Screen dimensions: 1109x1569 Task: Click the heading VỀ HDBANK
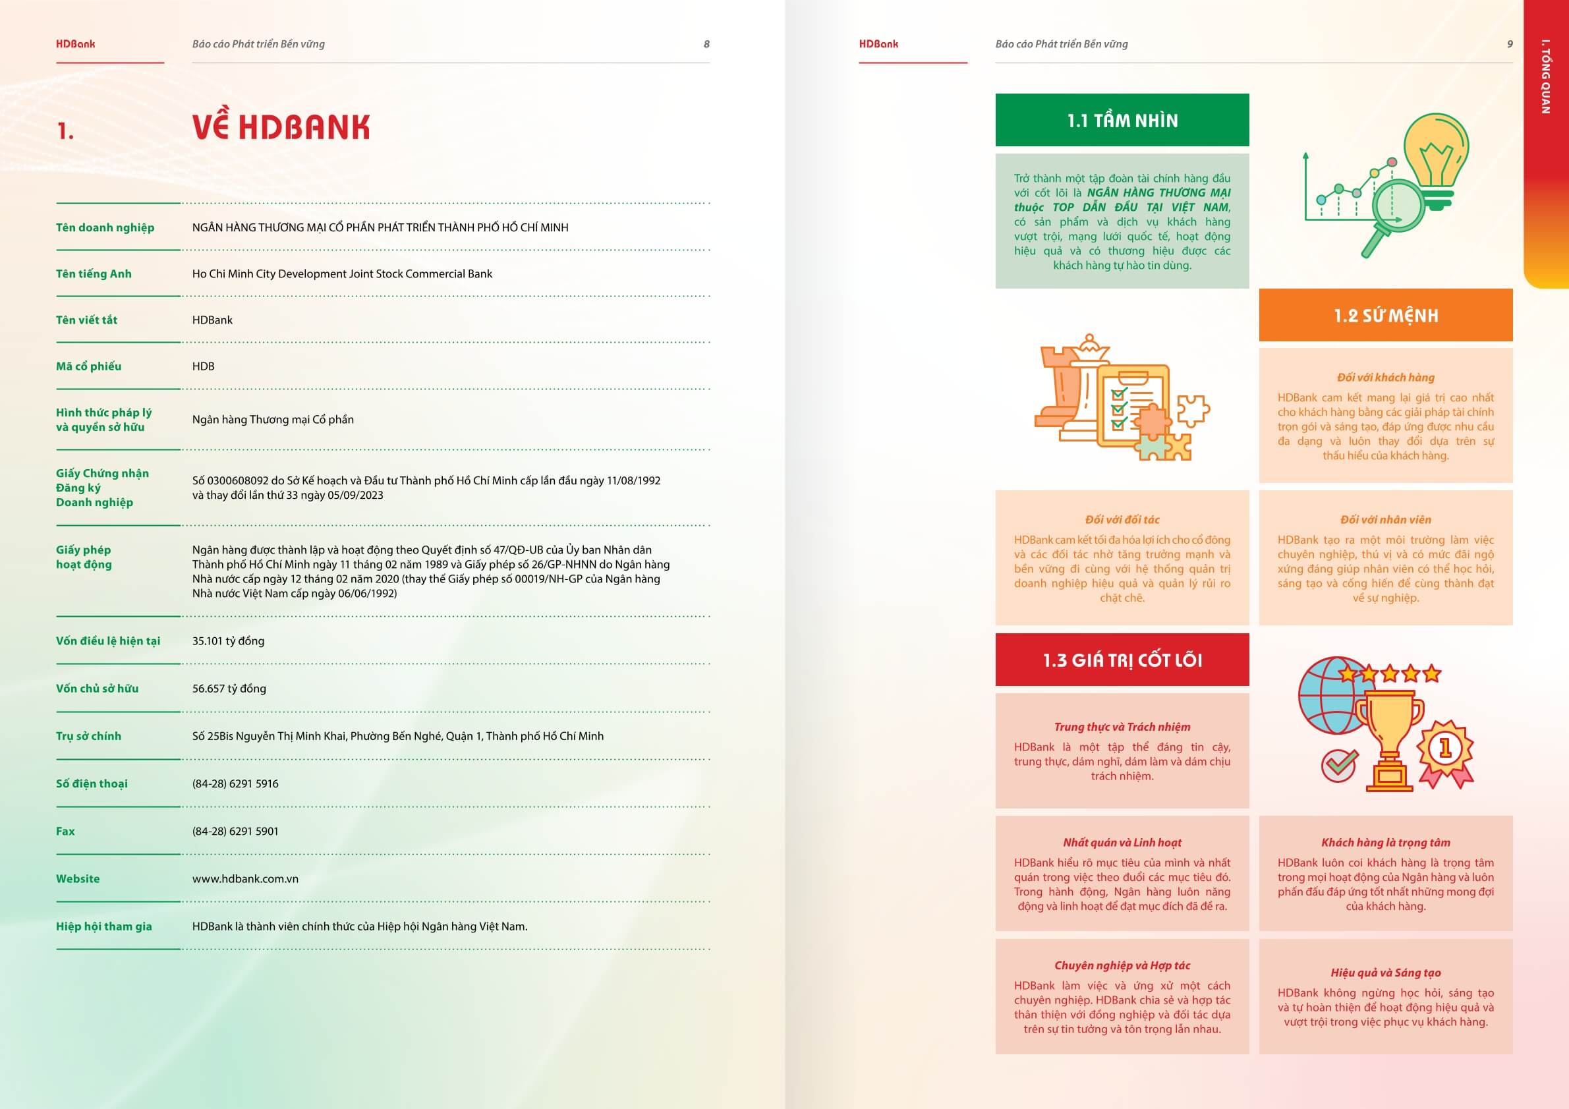281,127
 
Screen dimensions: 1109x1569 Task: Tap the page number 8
706,43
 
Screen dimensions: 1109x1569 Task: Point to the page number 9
1510,43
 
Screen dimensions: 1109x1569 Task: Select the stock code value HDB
203,366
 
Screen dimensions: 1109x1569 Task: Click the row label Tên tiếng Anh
94,273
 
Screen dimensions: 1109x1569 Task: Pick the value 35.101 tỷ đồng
228,641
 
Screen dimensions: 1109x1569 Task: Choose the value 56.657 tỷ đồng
229,688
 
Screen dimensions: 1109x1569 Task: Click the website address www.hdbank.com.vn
245,879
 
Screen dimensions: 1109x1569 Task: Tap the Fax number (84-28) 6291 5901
235,831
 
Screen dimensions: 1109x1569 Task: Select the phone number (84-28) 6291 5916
235,783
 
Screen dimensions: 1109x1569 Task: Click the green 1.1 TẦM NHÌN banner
1122,121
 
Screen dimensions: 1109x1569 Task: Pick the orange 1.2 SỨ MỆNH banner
1385,315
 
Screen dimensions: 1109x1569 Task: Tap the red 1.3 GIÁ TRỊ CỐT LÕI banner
1122,660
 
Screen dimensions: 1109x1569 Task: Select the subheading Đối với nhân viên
1385,519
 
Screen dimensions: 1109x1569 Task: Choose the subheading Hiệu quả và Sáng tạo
1385,973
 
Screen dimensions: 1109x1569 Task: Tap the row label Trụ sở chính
88,736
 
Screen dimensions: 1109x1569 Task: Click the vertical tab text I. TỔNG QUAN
1545,76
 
